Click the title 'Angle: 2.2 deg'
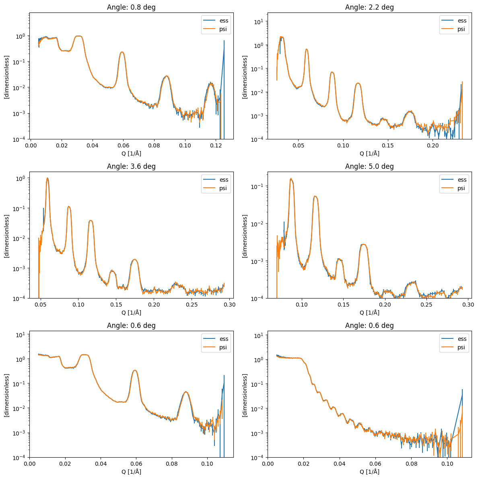(369, 7)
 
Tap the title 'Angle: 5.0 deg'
(369, 166)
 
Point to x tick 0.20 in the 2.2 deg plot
(433, 145)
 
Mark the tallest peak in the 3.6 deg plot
(47, 178)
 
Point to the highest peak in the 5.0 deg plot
(291, 179)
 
